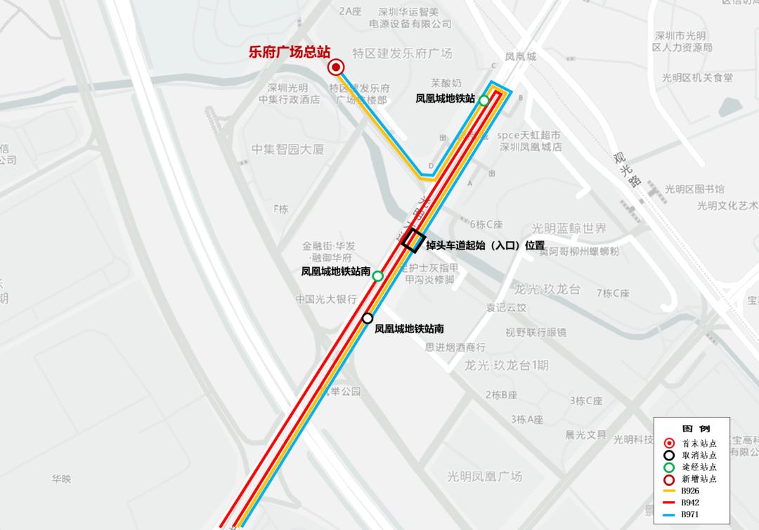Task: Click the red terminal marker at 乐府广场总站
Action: pyautogui.click(x=336, y=67)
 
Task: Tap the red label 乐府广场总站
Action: pyautogui.click(x=290, y=52)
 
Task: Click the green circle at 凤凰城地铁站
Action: pyautogui.click(x=484, y=101)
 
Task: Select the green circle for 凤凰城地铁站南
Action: pyautogui.click(x=377, y=276)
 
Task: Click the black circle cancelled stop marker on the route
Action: pyautogui.click(x=368, y=318)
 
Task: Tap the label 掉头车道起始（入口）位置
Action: pyautogui.click(x=485, y=245)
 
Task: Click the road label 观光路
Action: pyautogui.click(x=628, y=170)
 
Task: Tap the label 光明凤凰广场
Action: pyautogui.click(x=485, y=476)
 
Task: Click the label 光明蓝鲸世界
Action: pyautogui.click(x=569, y=228)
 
